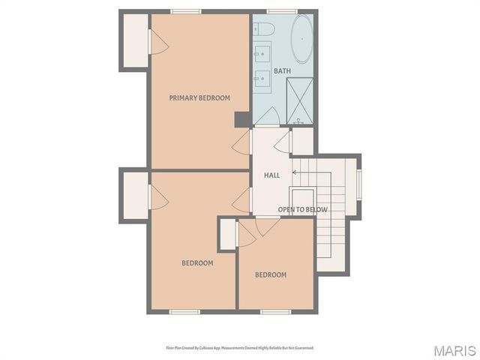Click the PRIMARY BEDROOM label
coord(199,97)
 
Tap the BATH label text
coord(282,71)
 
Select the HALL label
coord(271,175)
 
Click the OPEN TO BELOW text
coord(303,209)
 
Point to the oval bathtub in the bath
coord(302,39)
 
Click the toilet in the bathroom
coord(264,28)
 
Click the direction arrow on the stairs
coord(295,172)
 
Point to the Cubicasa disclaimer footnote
coord(240,348)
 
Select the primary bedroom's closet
coord(135,41)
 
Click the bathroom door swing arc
coord(267,117)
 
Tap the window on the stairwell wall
coord(359,185)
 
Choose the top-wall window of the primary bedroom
coord(185,11)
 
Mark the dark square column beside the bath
coord(242,119)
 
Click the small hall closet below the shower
coord(301,142)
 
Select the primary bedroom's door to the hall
coord(241,142)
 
